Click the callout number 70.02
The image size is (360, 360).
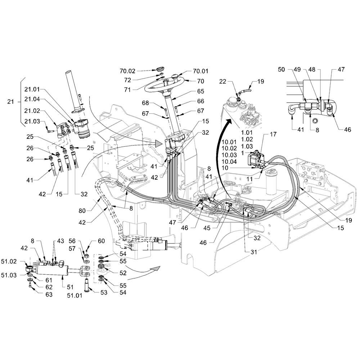coord(127,71)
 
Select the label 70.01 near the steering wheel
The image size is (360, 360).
coord(201,71)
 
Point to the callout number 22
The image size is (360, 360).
coord(223,81)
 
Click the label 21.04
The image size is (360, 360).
coord(32,99)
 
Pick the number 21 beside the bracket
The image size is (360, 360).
coord(10,102)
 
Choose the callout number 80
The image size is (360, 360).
coord(82,211)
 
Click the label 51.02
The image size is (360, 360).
coord(9,261)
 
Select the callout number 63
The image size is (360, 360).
coord(49,294)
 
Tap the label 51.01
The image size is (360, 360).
coord(75,296)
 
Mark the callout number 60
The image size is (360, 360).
coord(101,241)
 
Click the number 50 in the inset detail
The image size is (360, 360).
coord(281,69)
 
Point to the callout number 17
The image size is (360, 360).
coord(273,134)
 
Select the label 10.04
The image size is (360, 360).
coord(229,162)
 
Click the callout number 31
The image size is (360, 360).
coord(253,252)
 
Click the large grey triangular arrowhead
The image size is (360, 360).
coord(159,144)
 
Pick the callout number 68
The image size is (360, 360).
coord(145,103)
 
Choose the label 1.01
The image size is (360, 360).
coord(247,133)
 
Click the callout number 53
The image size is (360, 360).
coord(104,292)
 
